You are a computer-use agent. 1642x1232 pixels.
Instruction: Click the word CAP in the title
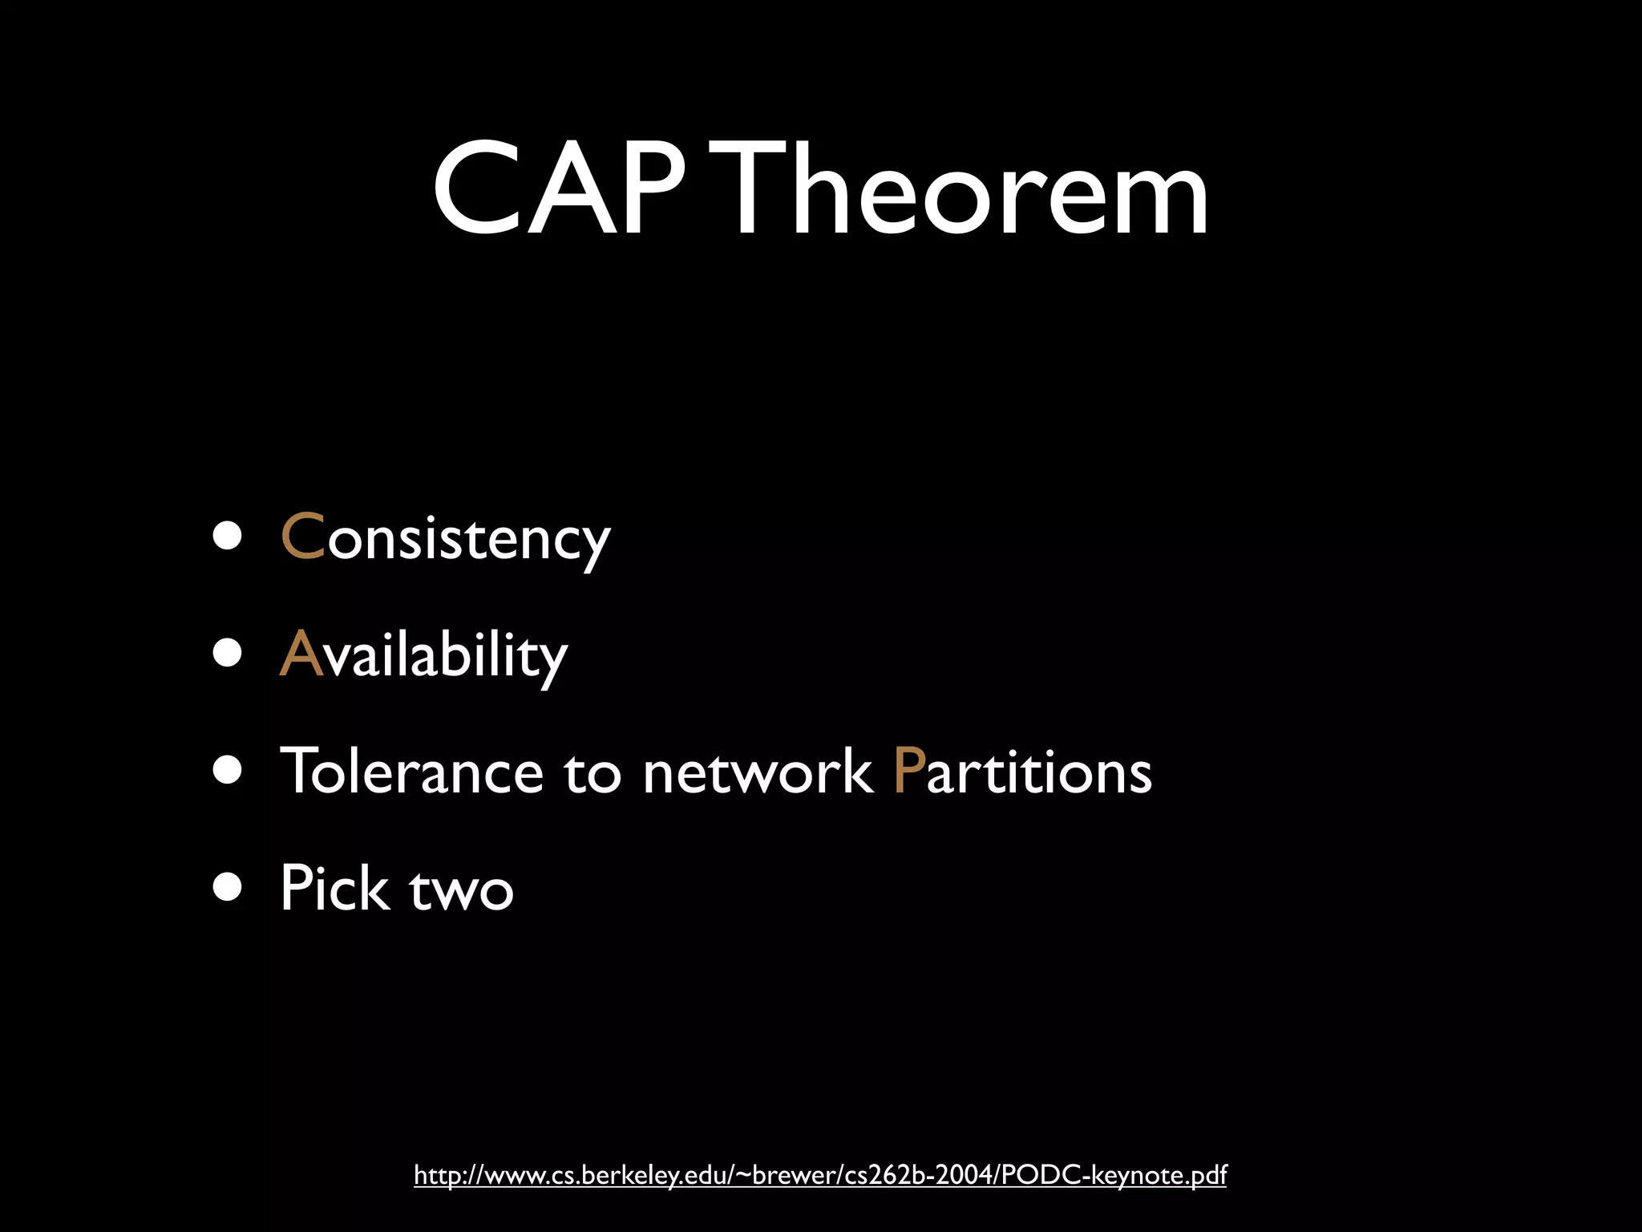tap(559, 191)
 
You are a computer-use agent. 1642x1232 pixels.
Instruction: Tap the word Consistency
tap(446, 537)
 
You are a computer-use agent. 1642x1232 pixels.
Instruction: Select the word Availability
tap(423, 654)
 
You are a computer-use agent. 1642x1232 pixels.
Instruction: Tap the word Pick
tap(334, 889)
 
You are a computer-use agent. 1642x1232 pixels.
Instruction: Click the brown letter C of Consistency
tap(302, 536)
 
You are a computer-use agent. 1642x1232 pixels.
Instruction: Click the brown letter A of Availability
tap(301, 654)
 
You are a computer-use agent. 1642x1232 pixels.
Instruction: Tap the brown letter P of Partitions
tap(908, 771)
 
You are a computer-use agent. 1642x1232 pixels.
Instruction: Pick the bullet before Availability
tap(228, 653)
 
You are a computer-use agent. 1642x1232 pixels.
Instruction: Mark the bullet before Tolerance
tap(228, 770)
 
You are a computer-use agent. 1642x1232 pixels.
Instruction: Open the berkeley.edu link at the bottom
tap(819, 1175)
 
